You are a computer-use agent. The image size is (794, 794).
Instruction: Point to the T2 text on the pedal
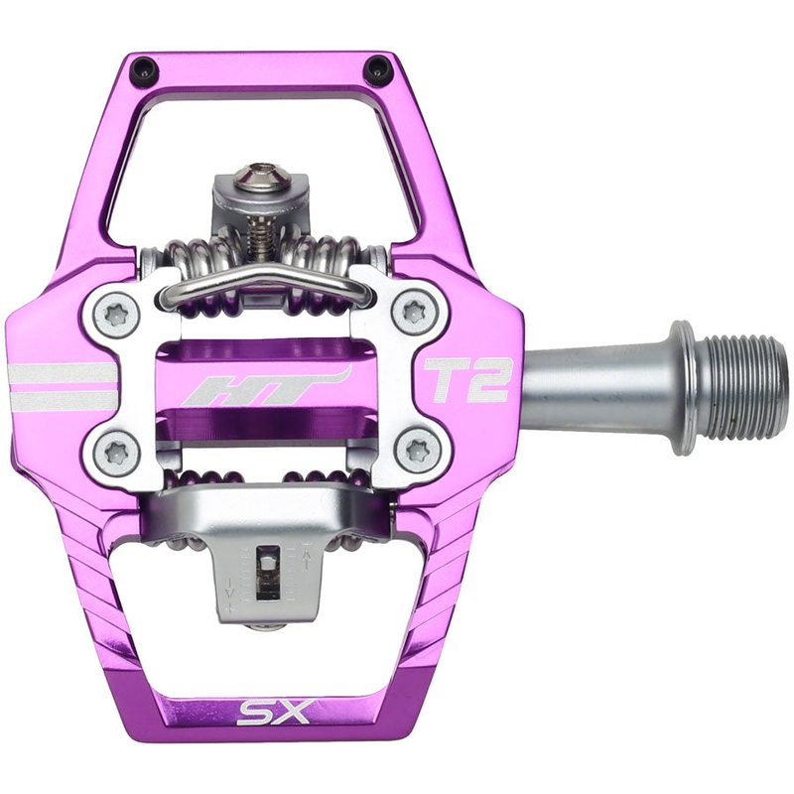click(x=466, y=379)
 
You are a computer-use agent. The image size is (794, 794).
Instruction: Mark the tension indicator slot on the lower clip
click(x=266, y=574)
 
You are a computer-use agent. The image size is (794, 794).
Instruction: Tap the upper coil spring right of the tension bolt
click(x=328, y=262)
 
